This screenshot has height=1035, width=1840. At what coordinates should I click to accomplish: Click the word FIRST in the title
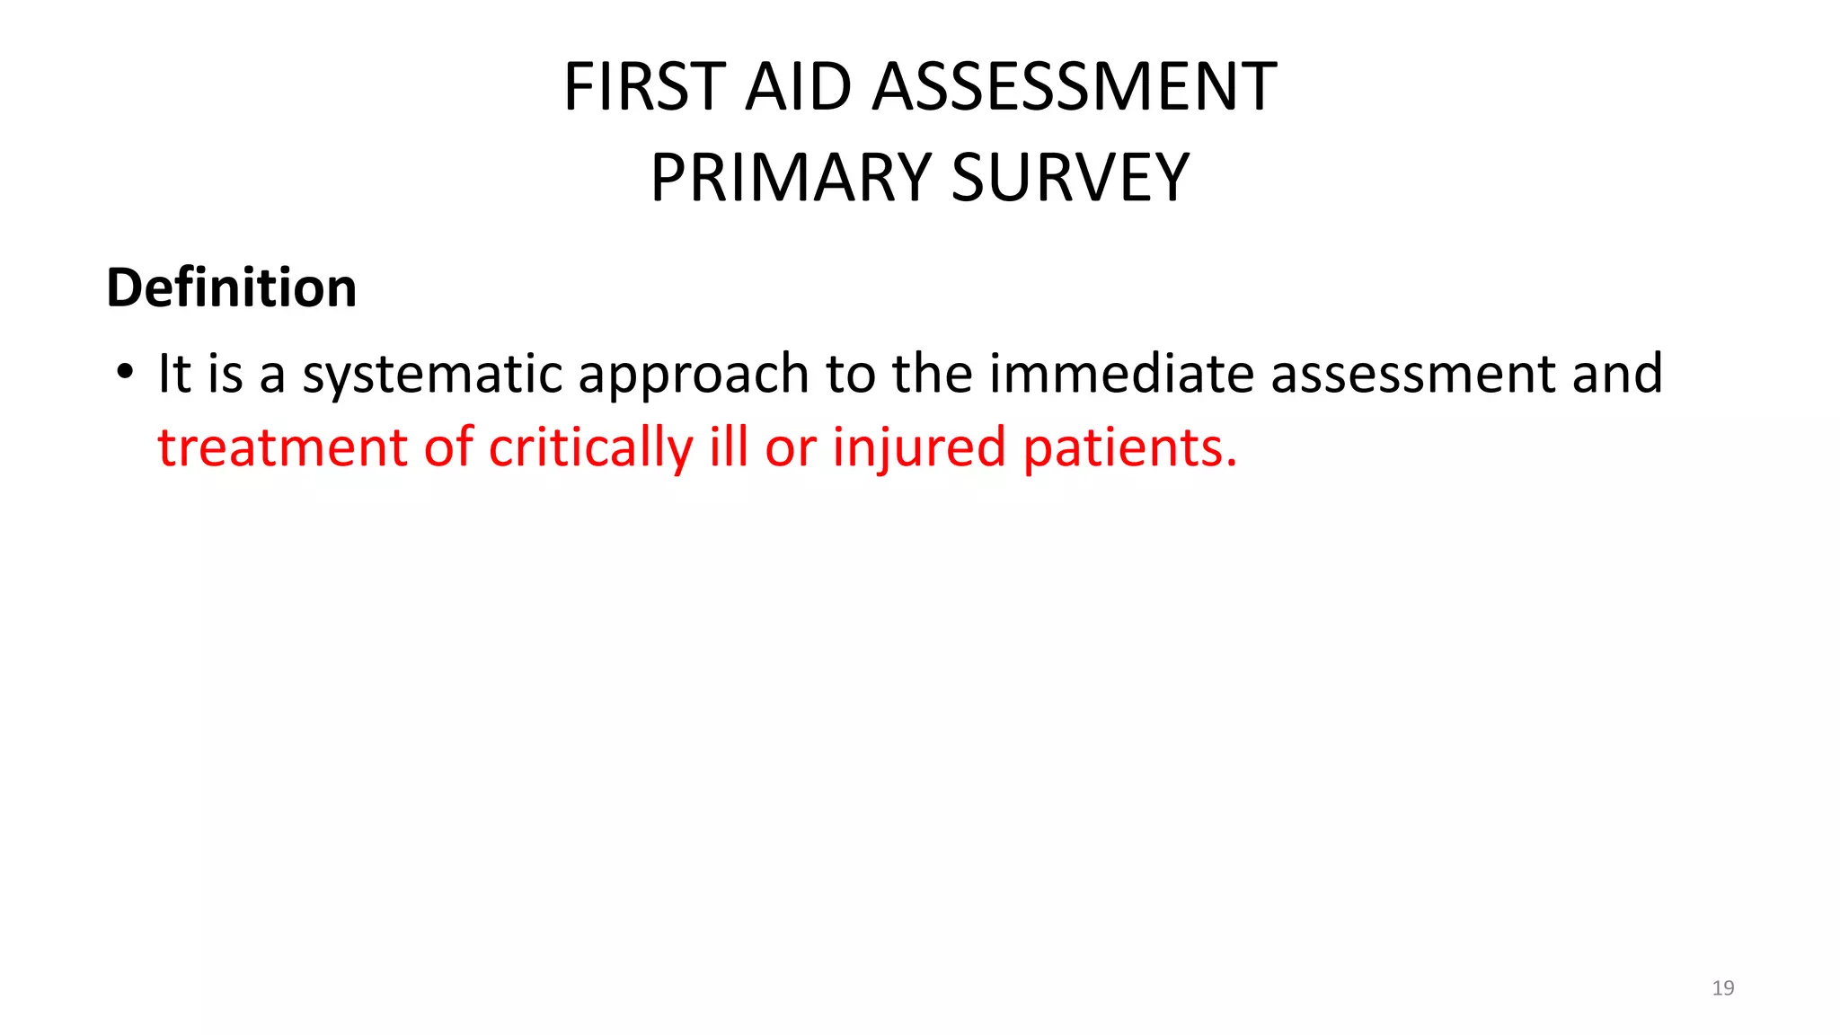644,87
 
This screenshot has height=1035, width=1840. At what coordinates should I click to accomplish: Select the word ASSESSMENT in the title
1075,87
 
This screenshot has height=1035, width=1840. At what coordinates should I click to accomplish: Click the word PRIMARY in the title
791,178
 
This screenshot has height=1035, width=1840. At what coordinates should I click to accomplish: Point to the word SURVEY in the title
1070,178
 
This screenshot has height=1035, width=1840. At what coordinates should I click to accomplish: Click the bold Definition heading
232,287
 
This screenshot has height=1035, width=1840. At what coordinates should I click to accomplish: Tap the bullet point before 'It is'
125,371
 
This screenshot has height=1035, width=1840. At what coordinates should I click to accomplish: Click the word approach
694,374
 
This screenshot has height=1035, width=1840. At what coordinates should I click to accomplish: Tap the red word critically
590,447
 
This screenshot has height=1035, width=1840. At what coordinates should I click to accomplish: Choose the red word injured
918,447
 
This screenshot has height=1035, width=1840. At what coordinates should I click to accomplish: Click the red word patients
1129,447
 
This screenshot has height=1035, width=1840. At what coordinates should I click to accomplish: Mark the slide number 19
1722,988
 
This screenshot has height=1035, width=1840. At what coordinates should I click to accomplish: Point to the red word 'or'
790,449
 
